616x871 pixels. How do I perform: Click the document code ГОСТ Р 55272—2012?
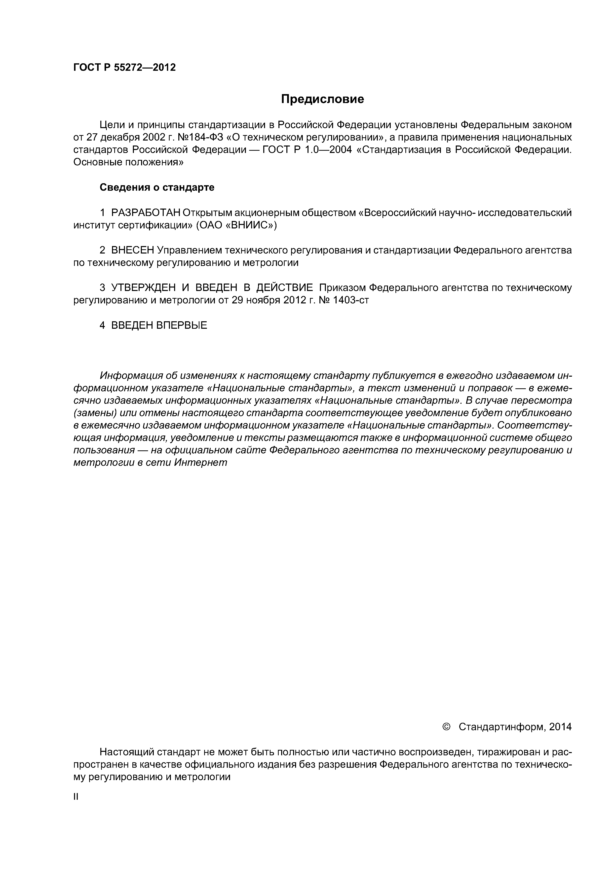click(x=124, y=68)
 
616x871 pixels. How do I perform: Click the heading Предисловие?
click(x=322, y=99)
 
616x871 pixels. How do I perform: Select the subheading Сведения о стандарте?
click(x=157, y=187)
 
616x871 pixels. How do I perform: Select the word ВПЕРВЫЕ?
click(x=182, y=325)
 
